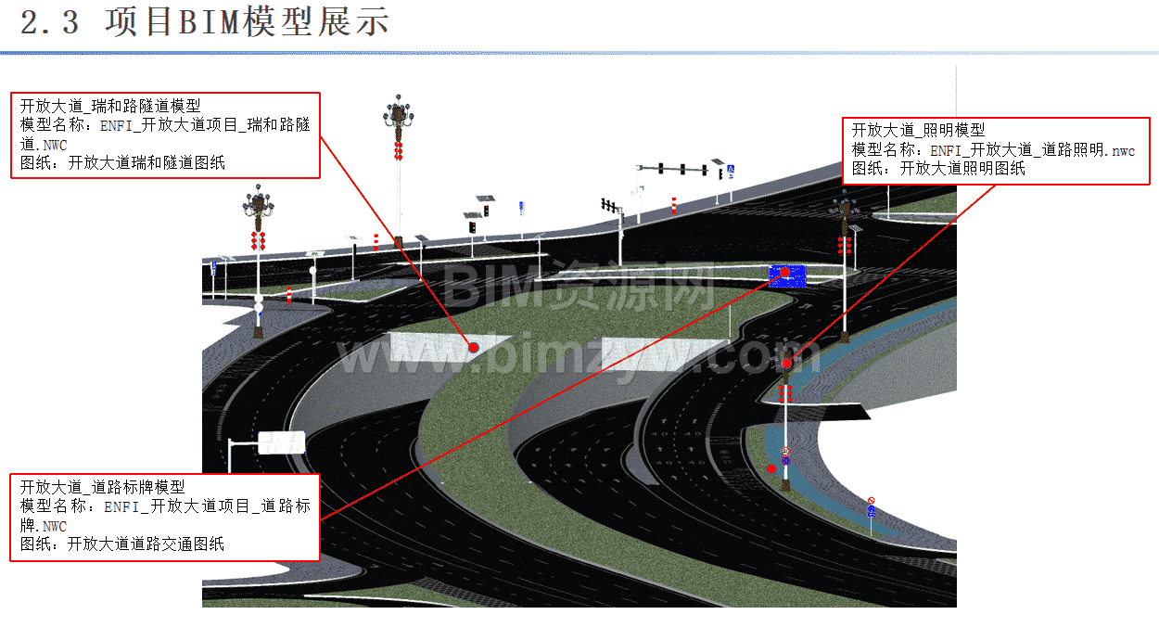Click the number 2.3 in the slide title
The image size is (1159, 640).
click(49, 23)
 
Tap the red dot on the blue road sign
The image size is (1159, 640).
click(785, 273)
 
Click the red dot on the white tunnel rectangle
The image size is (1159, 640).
click(473, 347)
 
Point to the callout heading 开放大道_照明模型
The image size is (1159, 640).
click(918, 130)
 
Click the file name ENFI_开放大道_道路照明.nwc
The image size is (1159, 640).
click(1033, 150)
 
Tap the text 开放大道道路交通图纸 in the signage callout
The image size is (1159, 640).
click(146, 544)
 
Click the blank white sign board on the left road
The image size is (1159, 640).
click(281, 442)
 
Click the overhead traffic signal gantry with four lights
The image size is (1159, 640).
click(682, 169)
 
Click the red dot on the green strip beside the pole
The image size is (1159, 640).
click(771, 468)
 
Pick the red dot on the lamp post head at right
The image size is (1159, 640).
click(787, 364)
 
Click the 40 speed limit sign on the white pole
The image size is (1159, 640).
click(785, 452)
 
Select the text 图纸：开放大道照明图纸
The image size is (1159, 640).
click(938, 169)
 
